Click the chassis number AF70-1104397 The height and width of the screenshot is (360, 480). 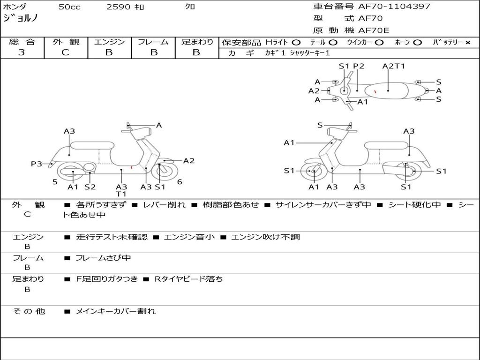click(394, 7)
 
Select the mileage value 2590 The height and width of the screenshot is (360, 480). click(118, 7)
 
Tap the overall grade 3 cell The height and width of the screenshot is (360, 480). click(22, 52)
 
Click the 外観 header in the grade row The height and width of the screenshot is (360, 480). click(66, 42)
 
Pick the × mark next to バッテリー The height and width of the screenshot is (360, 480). click(468, 43)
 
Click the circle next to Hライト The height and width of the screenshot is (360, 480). click(296, 43)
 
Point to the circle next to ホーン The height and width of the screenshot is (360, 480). click(418, 43)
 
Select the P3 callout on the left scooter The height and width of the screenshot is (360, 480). click(36, 164)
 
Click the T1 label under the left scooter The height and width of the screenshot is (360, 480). click(121, 194)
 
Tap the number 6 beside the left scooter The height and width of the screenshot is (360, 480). click(180, 182)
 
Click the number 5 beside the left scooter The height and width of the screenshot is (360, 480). click(55, 182)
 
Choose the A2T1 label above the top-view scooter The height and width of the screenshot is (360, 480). click(394, 66)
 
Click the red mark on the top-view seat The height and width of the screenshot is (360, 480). click(375, 91)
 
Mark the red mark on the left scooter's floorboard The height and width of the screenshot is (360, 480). click(132, 167)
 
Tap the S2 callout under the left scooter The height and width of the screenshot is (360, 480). click(90, 187)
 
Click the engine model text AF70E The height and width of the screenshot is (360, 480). click(374, 30)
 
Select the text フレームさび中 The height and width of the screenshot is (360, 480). click(103, 258)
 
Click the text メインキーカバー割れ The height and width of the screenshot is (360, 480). click(116, 311)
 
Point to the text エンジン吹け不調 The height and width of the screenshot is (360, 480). click(265, 237)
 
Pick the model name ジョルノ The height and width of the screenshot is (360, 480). click(20, 18)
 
